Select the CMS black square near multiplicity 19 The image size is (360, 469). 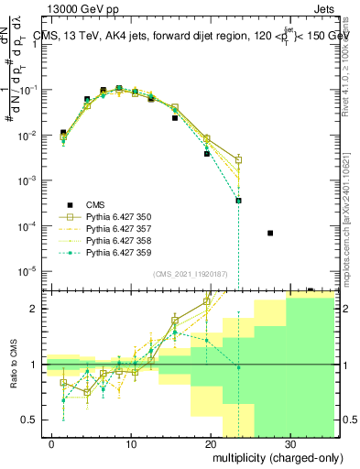[x=207, y=154]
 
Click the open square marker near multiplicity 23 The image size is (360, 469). [x=238, y=160]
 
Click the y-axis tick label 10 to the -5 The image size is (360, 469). [x=30, y=271]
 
